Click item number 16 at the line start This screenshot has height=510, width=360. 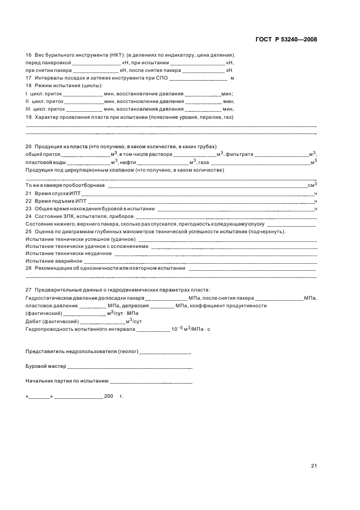[x=28, y=55]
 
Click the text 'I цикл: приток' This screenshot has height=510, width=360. [x=44, y=93]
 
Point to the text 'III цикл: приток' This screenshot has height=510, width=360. [x=46, y=108]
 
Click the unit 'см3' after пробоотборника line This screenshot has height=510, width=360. [x=312, y=185]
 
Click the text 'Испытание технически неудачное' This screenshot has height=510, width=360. [x=69, y=253]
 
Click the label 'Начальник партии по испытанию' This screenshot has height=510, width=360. [x=67, y=381]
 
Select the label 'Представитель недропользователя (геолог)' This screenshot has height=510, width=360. [x=82, y=352]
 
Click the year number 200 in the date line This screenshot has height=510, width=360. [x=108, y=396]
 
